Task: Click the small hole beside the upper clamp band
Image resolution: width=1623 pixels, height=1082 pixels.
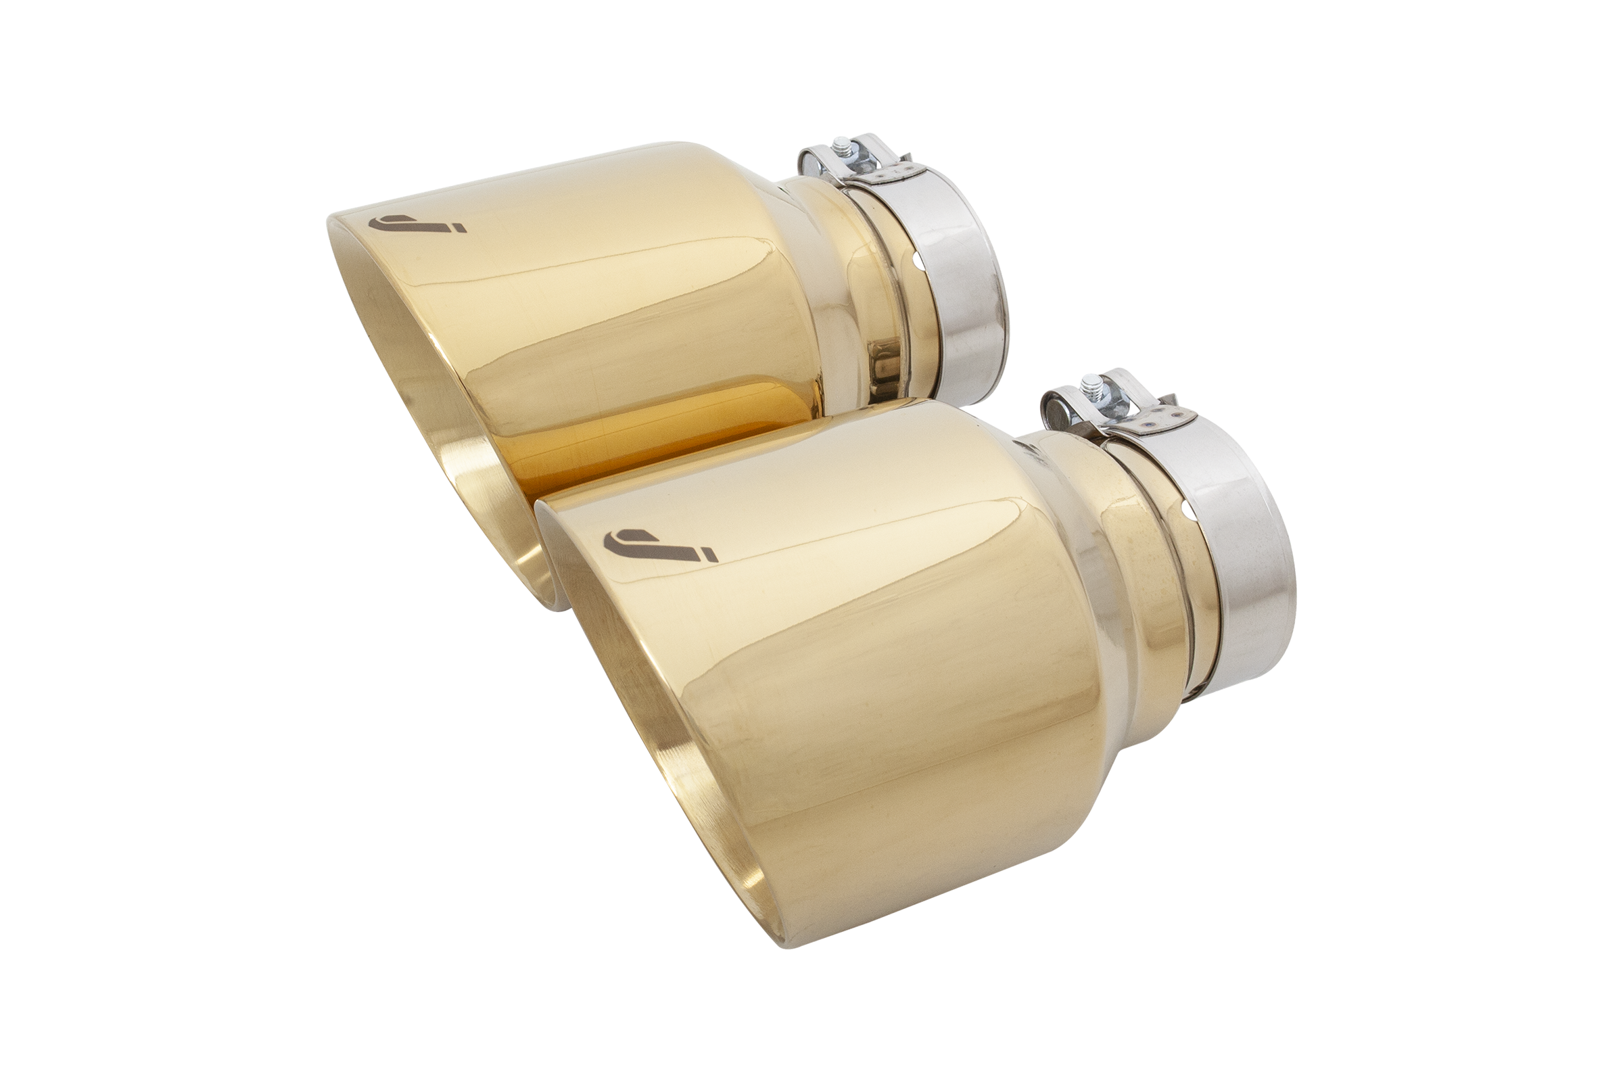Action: tap(917, 261)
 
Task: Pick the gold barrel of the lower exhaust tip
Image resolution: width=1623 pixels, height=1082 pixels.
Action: tap(863, 655)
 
